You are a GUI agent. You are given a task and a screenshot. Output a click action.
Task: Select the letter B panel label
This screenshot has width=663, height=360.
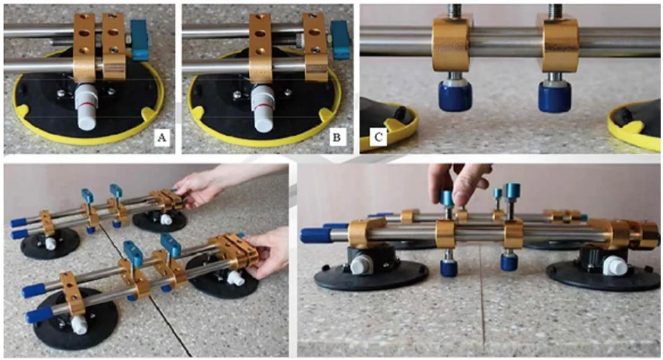click(x=337, y=138)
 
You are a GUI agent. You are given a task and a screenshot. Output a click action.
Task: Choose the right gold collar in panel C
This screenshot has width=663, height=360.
click(x=560, y=43)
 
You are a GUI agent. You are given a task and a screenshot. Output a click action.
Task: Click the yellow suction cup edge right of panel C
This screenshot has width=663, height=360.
click(x=634, y=126)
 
